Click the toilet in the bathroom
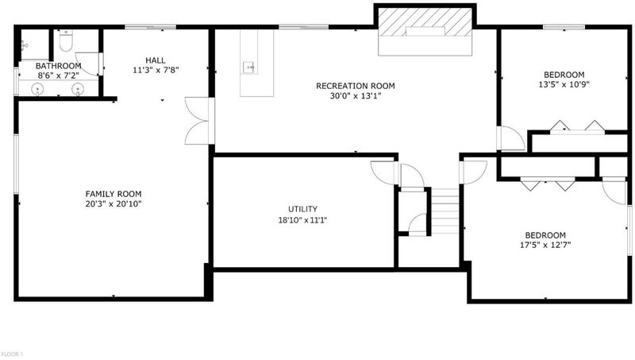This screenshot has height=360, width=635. (66, 41)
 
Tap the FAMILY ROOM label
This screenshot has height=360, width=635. (114, 194)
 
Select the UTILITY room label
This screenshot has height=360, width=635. (302, 209)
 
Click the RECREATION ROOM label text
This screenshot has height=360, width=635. (355, 86)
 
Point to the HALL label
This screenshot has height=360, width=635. (156, 60)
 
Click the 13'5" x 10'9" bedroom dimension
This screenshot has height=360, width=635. (564, 85)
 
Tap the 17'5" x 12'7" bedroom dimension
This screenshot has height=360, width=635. (545, 245)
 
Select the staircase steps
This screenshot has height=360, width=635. (444, 211)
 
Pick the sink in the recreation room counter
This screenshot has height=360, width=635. (248, 68)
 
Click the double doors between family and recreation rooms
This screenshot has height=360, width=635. (197, 121)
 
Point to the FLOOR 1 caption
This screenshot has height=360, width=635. (11, 354)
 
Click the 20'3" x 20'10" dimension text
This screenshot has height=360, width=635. (114, 204)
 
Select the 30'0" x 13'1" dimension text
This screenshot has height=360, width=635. (355, 96)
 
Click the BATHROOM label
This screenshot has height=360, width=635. (58, 66)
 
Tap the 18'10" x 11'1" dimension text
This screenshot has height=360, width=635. (302, 220)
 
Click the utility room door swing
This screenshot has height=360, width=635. (383, 172)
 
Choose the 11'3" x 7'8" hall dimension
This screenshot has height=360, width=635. (156, 70)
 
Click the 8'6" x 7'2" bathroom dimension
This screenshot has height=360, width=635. (58, 75)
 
